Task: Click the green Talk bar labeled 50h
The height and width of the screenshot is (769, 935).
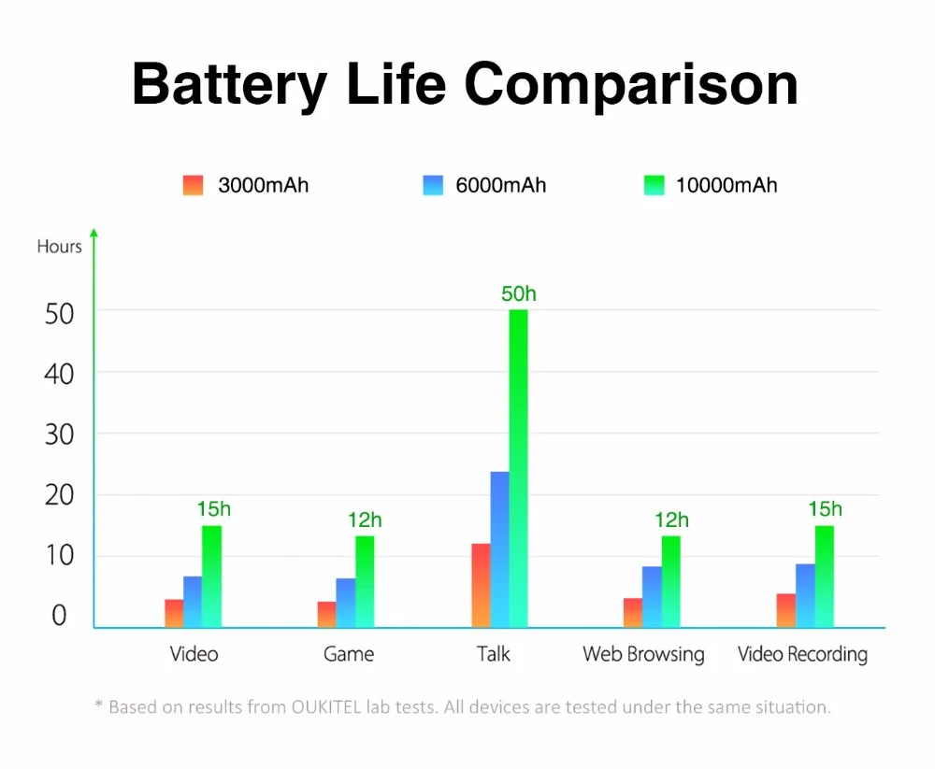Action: point(518,467)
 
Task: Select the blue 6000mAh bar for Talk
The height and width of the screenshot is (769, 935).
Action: point(499,548)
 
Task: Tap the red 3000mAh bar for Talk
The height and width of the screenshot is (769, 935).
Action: point(481,585)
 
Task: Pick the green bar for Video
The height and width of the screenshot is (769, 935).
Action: point(212,576)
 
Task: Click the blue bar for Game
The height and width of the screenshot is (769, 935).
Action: point(346,603)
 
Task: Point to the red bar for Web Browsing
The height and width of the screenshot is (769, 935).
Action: point(633,612)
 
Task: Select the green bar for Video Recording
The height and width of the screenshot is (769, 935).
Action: point(824,576)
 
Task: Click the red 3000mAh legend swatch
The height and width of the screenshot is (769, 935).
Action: point(193,185)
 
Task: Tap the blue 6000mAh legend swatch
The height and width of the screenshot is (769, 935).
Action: point(433,185)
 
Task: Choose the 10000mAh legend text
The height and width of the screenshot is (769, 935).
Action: point(726,185)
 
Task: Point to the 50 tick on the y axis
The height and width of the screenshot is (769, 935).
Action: point(59,313)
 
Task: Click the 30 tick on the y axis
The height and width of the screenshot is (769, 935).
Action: point(59,434)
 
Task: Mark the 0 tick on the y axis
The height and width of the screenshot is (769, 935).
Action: point(59,617)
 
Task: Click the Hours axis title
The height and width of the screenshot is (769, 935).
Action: point(59,248)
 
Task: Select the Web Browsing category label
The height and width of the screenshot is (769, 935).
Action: point(643,654)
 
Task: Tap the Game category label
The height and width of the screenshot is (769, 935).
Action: point(349,654)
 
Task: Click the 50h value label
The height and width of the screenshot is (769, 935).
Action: point(519,294)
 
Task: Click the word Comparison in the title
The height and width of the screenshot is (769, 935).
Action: point(631,84)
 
